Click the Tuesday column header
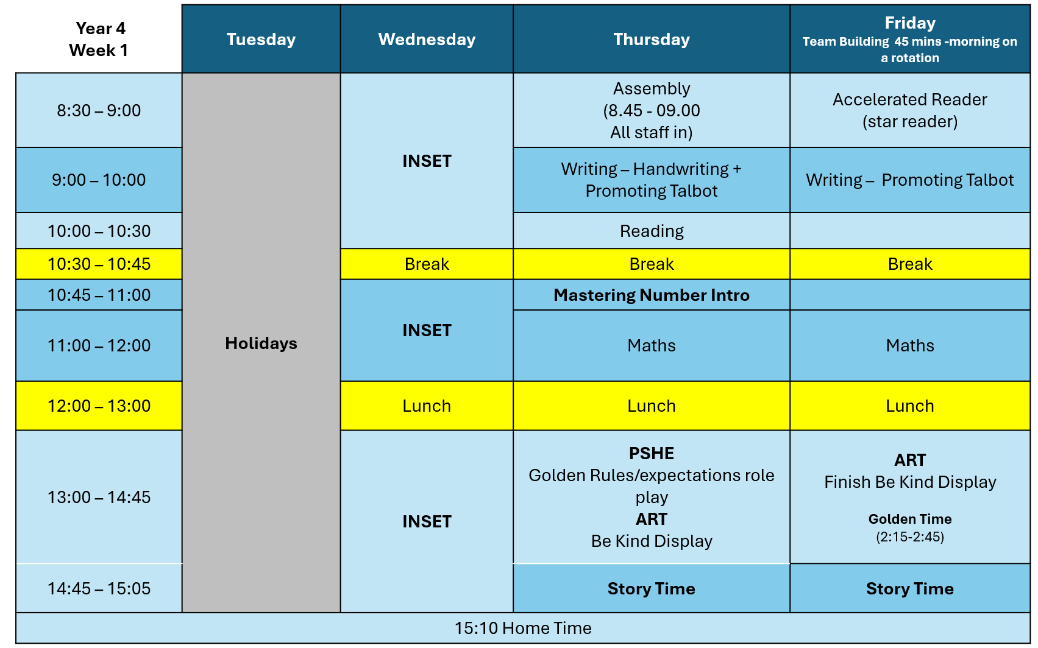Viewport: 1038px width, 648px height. click(261, 40)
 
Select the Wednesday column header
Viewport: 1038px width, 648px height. click(427, 40)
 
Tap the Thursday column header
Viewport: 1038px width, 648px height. click(652, 40)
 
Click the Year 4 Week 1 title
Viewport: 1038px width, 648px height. click(99, 40)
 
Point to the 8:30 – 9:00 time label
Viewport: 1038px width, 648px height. click(99, 111)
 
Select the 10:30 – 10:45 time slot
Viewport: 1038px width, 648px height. click(99, 264)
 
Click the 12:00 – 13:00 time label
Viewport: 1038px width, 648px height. click(99, 406)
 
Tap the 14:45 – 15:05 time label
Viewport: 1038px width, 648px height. click(99, 589)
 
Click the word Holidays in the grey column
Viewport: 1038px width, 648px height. click(261, 343)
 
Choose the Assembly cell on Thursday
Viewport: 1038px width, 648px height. click(652, 111)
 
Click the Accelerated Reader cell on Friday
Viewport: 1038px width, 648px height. click(910, 111)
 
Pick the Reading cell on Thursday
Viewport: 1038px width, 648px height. click(652, 231)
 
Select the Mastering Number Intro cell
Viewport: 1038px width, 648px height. click(652, 295)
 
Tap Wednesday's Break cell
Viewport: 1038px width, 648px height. click(427, 264)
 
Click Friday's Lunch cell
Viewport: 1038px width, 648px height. click(910, 406)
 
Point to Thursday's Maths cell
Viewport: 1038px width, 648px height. click(652, 346)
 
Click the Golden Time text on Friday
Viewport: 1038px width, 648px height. click(910, 519)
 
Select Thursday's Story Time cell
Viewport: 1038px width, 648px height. click(652, 589)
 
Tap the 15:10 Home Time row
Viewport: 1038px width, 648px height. click(523, 628)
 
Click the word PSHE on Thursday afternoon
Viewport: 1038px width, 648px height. click(652, 454)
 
